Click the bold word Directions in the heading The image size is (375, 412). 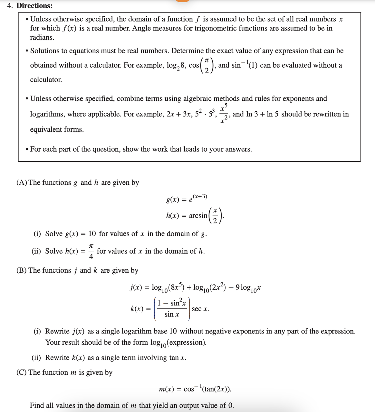pyautogui.click(x=34, y=5)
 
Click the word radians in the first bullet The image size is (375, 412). pyautogui.click(x=42, y=37)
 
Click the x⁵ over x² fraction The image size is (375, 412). pyautogui.click(x=224, y=114)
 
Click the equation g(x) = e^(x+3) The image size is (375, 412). pyautogui.click(x=187, y=198)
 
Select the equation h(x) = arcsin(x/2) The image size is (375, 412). pyautogui.click(x=195, y=216)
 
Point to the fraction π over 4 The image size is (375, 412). pyautogui.click(x=91, y=251)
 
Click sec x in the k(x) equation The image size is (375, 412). pyautogui.click(x=200, y=309)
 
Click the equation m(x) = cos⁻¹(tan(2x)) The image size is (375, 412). pyautogui.click(x=195, y=389)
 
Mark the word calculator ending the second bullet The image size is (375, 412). pyautogui.click(x=46, y=80)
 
